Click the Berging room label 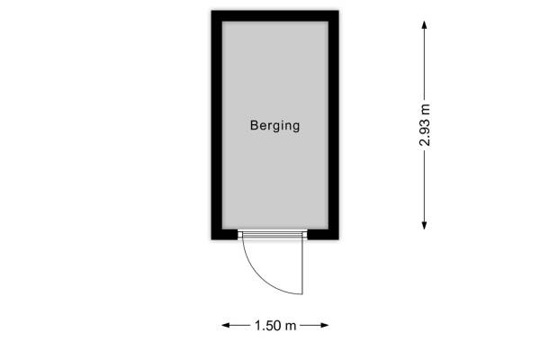click(x=274, y=126)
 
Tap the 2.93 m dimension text click(x=425, y=125)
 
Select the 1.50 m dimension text click(x=275, y=325)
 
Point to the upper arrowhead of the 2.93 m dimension click(x=424, y=25)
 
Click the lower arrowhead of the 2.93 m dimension click(x=424, y=225)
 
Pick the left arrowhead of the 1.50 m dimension click(x=226, y=325)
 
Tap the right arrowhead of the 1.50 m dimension click(x=324, y=325)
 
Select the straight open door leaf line click(x=302, y=266)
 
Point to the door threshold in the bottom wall click(x=273, y=235)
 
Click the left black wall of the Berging click(x=217, y=125)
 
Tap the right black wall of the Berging click(x=334, y=125)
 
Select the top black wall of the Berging click(x=275, y=16)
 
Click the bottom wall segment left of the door click(x=224, y=234)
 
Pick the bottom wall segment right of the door click(x=323, y=234)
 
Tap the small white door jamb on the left click(x=240, y=235)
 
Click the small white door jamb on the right click(x=305, y=235)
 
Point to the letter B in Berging click(x=254, y=125)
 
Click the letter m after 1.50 click(x=292, y=326)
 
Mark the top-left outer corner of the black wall click(x=211, y=11)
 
